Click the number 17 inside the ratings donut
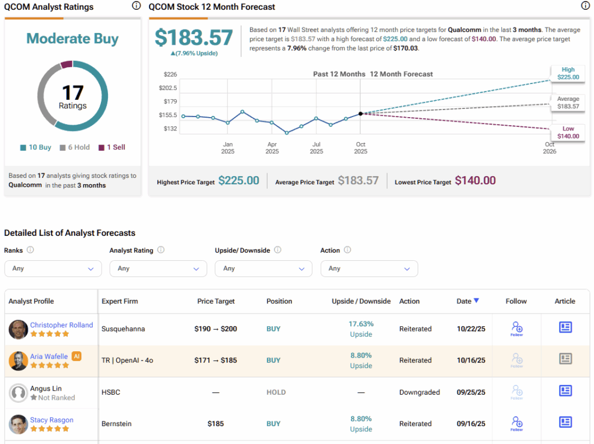click(73, 93)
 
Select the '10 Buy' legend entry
click(36, 147)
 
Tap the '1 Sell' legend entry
click(112, 147)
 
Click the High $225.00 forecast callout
click(568, 72)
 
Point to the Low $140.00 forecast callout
click(568, 132)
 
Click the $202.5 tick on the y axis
click(168, 88)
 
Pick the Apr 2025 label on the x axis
click(272, 148)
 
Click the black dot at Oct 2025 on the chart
click(361, 114)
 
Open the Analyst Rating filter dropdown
click(158, 268)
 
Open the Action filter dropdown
click(369, 268)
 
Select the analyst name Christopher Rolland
click(61, 325)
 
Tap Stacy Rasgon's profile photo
click(19, 424)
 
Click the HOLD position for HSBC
click(276, 392)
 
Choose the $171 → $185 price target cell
click(215, 360)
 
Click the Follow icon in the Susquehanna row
click(516, 328)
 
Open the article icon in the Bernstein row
click(566, 422)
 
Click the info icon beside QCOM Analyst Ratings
click(136, 6)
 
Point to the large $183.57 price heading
click(194, 38)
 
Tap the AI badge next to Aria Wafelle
click(77, 356)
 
